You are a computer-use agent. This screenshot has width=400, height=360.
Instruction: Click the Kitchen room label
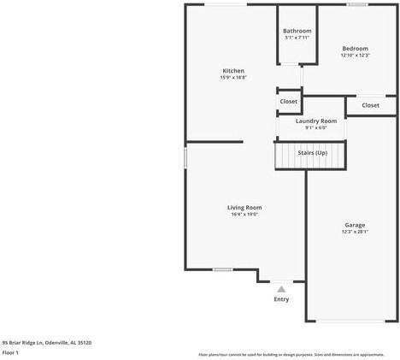coord(233,71)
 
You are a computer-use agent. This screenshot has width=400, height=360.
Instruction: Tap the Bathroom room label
coord(297,32)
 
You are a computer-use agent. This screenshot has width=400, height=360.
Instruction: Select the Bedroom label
coord(355,49)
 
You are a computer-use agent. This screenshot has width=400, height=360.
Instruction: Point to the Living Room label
coord(244,208)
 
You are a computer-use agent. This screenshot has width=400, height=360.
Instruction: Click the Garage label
coord(355,225)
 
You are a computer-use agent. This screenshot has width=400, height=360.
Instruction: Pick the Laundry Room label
coord(316,121)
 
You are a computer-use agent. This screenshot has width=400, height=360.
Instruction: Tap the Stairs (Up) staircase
coord(311,153)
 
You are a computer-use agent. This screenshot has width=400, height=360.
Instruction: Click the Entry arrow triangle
coord(281,289)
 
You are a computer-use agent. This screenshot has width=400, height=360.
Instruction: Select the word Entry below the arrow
coord(281,299)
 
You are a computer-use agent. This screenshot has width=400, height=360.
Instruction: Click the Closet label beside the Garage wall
coord(370,105)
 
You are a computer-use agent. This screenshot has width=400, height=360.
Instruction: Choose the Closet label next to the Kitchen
coord(289,101)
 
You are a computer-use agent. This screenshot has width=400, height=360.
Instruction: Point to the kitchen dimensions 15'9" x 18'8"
coord(233,78)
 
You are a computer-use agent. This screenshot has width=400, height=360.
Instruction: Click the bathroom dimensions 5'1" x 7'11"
coord(297,38)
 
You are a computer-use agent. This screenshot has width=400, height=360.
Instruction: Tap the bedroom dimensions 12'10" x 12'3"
coord(355,56)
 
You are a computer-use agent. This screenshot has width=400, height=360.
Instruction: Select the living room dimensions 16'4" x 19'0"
coord(244,215)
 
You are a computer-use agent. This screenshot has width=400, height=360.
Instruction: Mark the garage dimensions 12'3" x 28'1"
coord(355,232)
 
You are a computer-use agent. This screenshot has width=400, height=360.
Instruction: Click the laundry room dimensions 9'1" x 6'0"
coord(316,127)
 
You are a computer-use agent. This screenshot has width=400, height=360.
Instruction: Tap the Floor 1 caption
coord(11,352)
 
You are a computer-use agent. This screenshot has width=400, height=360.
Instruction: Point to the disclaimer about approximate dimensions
coord(291,354)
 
